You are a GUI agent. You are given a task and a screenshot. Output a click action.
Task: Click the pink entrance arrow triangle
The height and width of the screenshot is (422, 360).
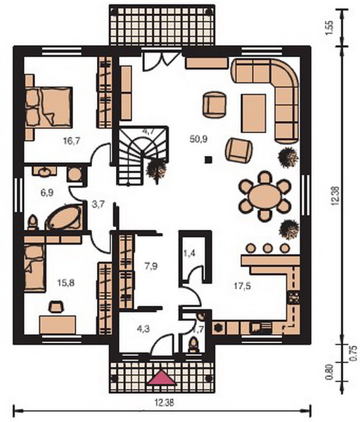click(162, 377)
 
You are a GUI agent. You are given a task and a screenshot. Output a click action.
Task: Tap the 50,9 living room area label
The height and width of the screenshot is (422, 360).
click(198, 139)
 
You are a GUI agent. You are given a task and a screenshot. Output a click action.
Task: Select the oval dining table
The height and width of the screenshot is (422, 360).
click(265, 196)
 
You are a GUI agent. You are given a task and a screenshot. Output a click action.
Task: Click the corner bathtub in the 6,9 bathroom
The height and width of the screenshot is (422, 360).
click(65, 217)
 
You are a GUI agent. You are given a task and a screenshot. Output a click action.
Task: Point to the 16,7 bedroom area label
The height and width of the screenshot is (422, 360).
click(72, 141)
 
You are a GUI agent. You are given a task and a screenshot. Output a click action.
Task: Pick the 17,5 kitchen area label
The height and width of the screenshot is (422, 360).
click(242, 286)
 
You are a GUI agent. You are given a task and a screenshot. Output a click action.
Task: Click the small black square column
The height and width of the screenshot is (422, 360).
click(208, 160)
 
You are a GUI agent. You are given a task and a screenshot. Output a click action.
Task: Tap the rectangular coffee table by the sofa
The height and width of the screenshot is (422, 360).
click(253, 113)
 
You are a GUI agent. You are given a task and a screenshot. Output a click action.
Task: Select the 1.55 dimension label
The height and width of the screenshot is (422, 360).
click(329, 27)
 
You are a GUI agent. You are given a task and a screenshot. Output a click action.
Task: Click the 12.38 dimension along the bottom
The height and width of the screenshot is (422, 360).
click(164, 403)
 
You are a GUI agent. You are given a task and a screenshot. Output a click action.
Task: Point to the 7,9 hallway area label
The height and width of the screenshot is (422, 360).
click(151, 267)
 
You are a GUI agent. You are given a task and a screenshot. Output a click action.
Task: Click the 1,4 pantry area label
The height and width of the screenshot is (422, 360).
click(189, 253)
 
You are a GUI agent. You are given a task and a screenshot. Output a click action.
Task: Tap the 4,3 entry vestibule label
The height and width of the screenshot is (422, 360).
click(143, 329)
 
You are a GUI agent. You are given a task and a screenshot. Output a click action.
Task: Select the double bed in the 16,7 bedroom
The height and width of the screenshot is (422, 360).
click(49, 107)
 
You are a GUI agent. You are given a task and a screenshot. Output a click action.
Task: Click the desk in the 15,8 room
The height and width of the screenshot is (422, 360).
click(58, 325)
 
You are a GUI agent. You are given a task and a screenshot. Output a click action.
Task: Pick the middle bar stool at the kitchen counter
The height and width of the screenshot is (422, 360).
click(267, 248)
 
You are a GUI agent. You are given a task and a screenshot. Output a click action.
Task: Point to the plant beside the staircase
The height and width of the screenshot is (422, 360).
click(156, 170)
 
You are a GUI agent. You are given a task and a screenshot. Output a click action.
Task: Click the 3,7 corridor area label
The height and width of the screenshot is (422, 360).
click(98, 205)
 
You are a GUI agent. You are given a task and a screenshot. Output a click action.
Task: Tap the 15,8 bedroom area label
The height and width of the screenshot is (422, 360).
click(66, 283)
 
